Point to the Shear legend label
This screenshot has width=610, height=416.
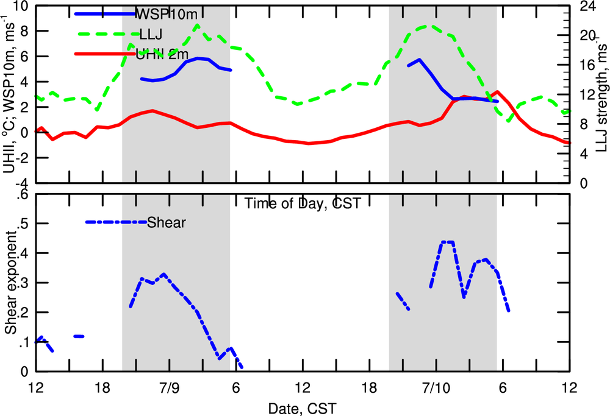click(x=167, y=222)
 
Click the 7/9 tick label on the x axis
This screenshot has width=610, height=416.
click(x=169, y=388)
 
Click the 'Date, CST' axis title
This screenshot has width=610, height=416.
click(x=303, y=406)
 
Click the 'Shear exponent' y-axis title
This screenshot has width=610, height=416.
click(x=10, y=283)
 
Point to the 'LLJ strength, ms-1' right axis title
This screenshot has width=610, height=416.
click(x=600, y=94)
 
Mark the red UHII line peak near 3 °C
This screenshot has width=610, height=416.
click(x=498, y=92)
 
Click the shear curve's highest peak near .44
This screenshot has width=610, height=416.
click(x=447, y=242)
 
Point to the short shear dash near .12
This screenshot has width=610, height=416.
click(x=79, y=336)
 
